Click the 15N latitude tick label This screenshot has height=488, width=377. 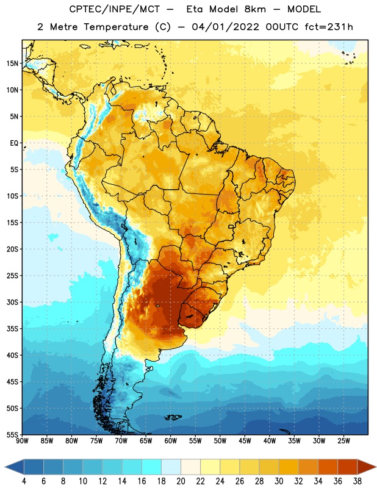[x=12, y=63]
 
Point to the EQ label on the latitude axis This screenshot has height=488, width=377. [x=14, y=143]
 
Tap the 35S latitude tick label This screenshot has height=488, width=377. [x=12, y=329]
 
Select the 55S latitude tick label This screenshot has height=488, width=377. [x=12, y=434]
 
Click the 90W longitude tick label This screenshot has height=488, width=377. [x=22, y=440]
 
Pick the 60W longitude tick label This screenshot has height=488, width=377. [x=171, y=440]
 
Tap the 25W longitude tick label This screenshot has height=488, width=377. [x=343, y=440]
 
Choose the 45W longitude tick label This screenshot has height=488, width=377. [x=245, y=440]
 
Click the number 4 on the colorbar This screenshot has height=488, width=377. [x=24, y=481]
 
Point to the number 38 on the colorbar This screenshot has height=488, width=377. [x=357, y=481]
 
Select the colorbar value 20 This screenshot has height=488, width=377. [x=181, y=481]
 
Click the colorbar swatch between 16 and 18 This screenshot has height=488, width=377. [x=152, y=467]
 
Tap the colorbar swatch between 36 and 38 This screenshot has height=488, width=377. [x=348, y=467]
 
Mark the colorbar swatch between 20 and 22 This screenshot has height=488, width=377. [x=191, y=467]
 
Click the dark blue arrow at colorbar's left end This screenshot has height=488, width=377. [x=14, y=467]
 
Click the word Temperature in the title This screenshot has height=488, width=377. [x=116, y=27]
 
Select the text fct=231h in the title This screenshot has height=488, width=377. [x=329, y=27]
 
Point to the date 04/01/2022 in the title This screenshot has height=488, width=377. [x=225, y=27]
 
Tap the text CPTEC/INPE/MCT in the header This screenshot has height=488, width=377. [x=115, y=9]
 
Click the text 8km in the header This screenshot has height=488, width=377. [x=255, y=9]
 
